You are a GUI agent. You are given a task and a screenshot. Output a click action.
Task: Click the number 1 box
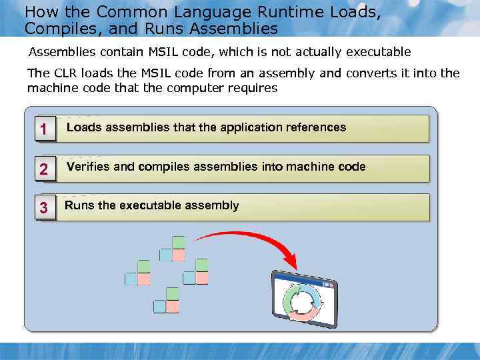click(x=43, y=130)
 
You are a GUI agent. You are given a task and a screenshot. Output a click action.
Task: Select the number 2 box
click(x=43, y=170)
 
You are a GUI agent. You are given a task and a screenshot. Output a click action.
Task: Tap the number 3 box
click(x=43, y=209)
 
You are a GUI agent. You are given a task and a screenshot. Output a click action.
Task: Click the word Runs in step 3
click(x=79, y=205)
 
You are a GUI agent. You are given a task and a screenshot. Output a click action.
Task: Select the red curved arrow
click(x=247, y=237)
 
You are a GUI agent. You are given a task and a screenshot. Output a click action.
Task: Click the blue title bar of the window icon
click(x=303, y=281)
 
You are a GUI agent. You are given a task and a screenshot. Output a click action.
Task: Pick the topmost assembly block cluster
click(x=173, y=249)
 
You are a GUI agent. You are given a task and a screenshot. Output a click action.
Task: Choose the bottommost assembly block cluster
click(x=167, y=301)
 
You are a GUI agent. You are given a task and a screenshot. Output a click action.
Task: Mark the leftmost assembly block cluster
click(x=138, y=273)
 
